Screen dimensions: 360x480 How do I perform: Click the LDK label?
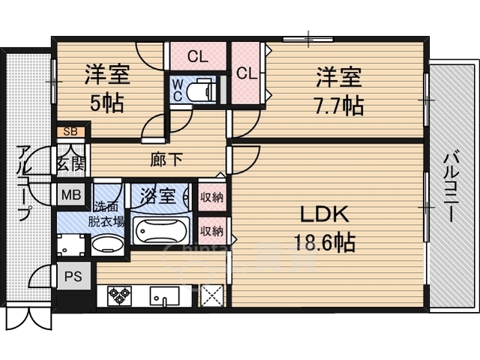point(323,215)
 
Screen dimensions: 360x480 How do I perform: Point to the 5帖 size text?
point(107,103)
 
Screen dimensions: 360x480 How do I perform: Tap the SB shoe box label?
point(70,133)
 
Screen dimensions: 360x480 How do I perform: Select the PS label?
point(72,276)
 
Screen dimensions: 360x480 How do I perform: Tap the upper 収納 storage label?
point(211,197)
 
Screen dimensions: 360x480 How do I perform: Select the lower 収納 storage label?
point(211,230)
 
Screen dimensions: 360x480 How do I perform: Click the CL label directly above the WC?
point(197,55)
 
